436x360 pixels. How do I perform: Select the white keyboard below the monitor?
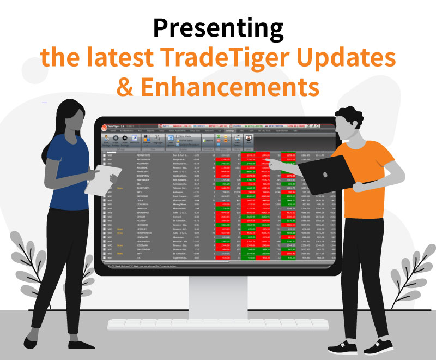(218, 325)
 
